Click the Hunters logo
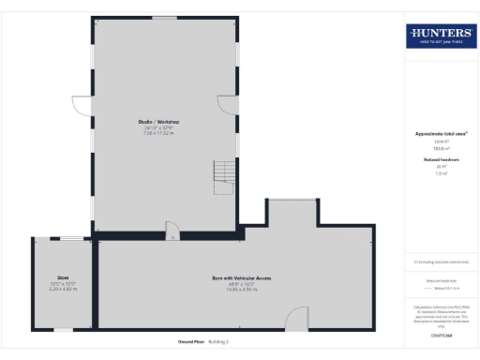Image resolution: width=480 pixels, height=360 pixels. click(440, 36)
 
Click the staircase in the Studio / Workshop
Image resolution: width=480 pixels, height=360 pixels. click(224, 172)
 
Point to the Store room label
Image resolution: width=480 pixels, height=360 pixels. click(64, 277)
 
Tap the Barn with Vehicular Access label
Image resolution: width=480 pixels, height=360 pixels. click(241, 278)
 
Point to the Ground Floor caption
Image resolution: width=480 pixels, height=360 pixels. click(192, 342)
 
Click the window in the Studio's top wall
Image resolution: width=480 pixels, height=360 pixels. click(165, 17)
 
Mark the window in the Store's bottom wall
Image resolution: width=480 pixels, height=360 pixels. click(63, 329)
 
